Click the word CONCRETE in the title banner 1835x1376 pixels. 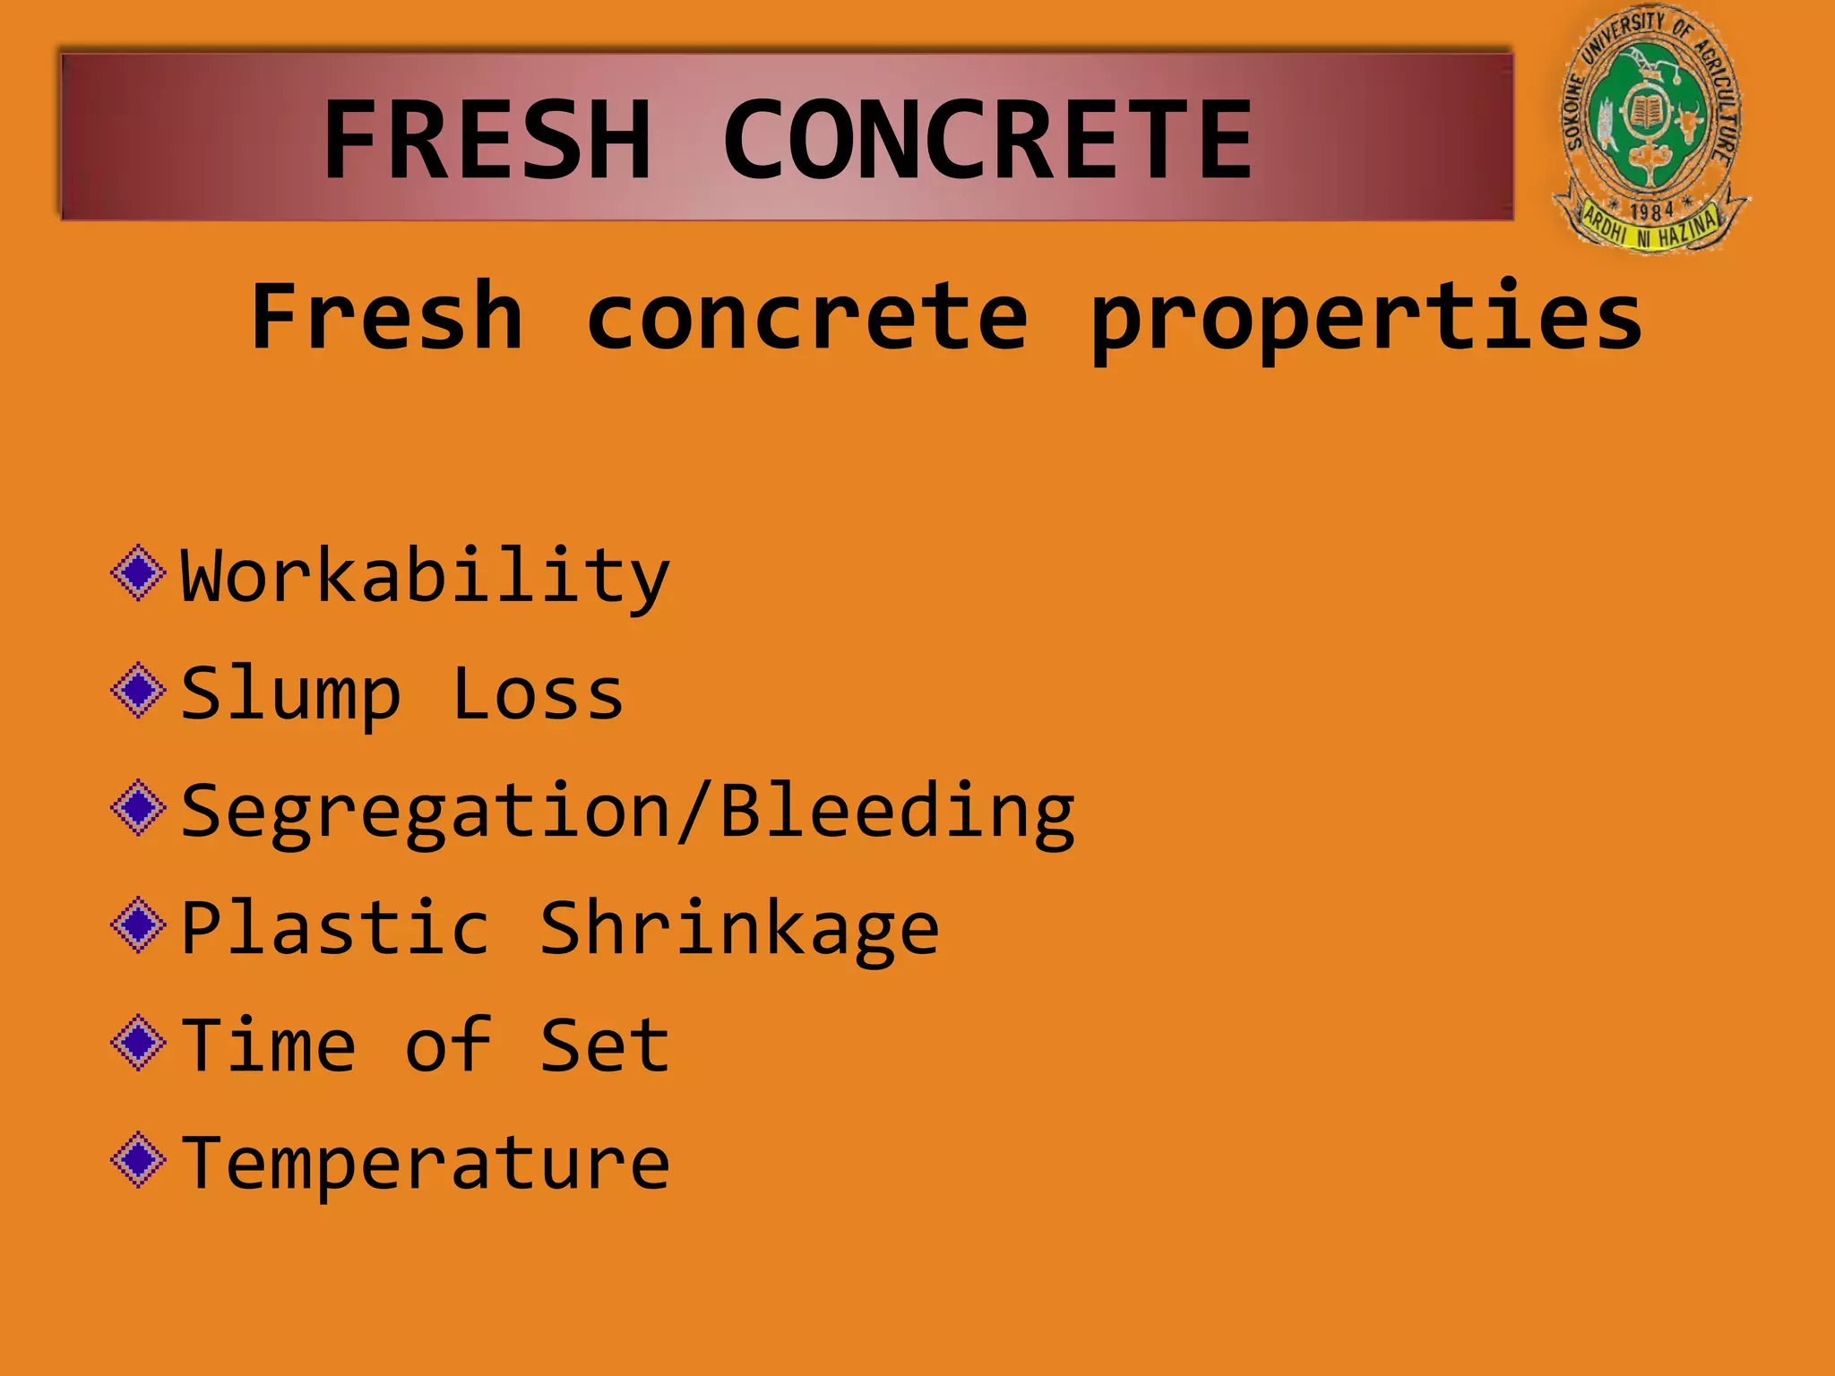coord(986,141)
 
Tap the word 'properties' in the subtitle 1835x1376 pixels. coord(1366,318)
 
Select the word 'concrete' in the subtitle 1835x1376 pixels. coord(806,318)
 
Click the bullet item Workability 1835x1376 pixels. coord(425,576)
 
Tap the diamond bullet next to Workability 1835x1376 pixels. coord(138,572)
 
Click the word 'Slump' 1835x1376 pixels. coord(290,695)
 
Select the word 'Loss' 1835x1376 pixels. coord(538,693)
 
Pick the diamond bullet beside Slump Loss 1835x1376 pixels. coord(138,690)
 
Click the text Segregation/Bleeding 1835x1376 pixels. coord(627,812)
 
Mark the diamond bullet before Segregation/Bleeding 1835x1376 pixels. coord(138,807)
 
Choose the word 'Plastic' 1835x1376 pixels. coord(336,928)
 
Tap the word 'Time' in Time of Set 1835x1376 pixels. coord(268,1045)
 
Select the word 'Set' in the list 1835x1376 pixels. coord(605,1045)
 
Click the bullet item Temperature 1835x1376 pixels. coord(425,1164)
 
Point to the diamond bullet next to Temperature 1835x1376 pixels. coord(138,1159)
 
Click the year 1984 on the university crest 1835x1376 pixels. coord(1651,211)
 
